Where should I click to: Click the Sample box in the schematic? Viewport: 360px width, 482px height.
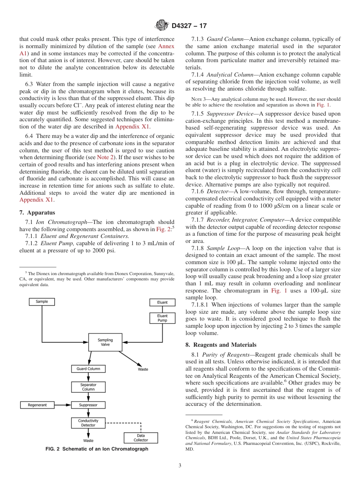pyautogui.click(x=42, y=302)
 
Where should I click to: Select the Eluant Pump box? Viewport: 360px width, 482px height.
pyautogui.click(x=162, y=318)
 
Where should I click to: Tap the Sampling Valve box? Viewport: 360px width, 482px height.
pyautogui.click(x=105, y=342)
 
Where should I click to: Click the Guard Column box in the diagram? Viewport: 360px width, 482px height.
pyautogui.click(x=88, y=369)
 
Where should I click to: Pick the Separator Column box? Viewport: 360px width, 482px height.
pyautogui.click(x=88, y=387)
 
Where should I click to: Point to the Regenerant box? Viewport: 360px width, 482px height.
pyautogui.click(x=37, y=405)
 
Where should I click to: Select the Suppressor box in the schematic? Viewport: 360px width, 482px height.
pyautogui.click(x=88, y=405)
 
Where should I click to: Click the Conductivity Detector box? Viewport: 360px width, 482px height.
pyautogui.click(x=88, y=423)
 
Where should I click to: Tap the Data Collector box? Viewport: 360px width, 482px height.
pyautogui.click(x=141, y=438)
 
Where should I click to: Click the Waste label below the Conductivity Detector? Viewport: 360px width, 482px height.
pyautogui.click(x=88, y=441)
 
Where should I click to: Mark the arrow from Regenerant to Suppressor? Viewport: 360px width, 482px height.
pyautogui.click(x=63, y=405)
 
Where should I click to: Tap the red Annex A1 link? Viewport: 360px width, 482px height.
pyautogui.click(x=166, y=46)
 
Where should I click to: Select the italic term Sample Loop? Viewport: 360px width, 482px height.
pyautogui.click(x=224, y=248)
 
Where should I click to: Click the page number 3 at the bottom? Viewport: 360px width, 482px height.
pyautogui.click(x=180, y=466)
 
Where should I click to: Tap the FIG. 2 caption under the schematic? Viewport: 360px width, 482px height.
pyautogui.click(x=97, y=449)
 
